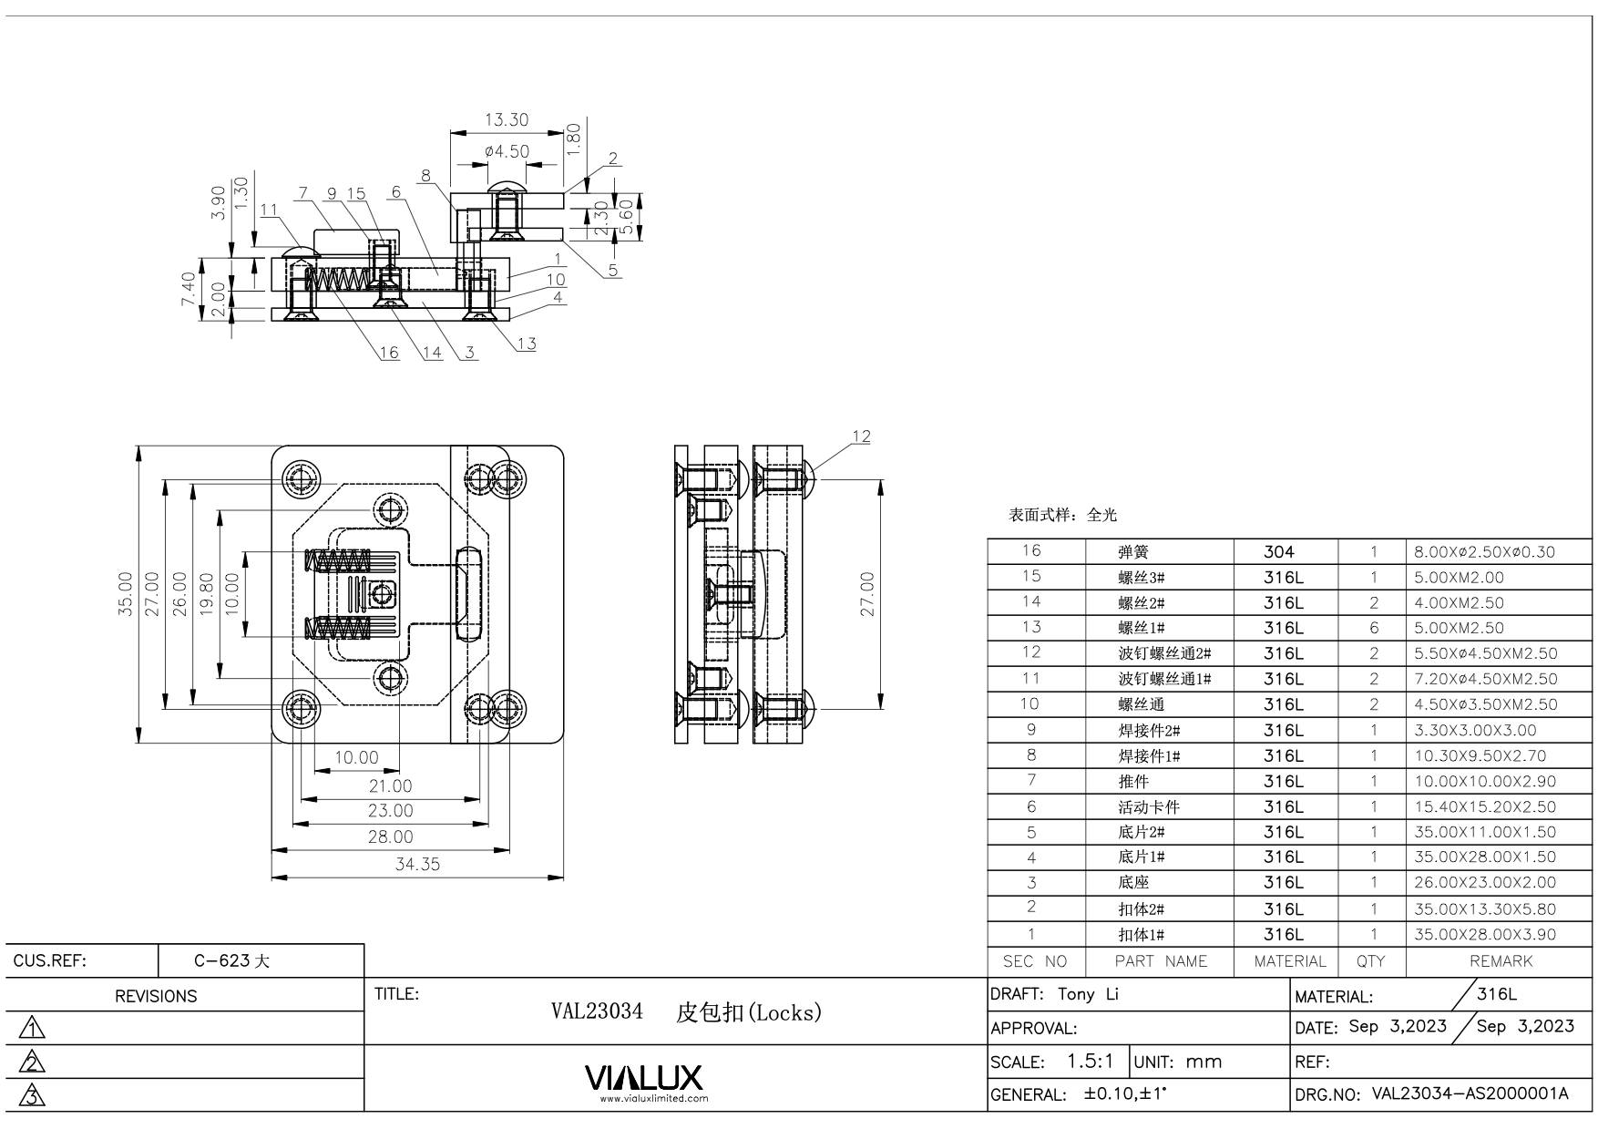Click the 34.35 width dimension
pyautogui.click(x=417, y=864)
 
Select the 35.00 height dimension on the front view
pyautogui.click(x=126, y=594)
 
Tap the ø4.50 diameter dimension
pyautogui.click(x=507, y=151)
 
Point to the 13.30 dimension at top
pyautogui.click(x=507, y=120)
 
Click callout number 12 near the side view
pyautogui.click(x=861, y=436)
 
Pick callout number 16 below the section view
pyautogui.click(x=389, y=353)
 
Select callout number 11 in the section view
pyautogui.click(x=268, y=210)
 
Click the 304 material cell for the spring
pyautogui.click(x=1279, y=551)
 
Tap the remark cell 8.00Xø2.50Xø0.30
pyautogui.click(x=1484, y=551)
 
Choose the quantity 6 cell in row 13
pyautogui.click(x=1374, y=628)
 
